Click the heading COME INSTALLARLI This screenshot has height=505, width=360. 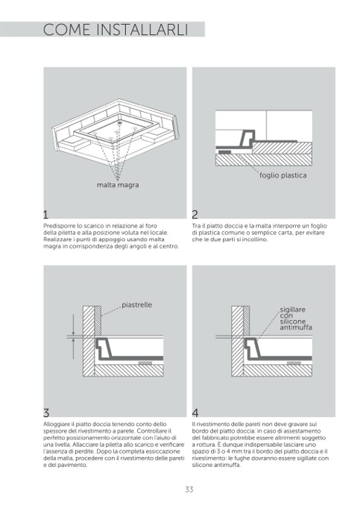(x=116, y=30)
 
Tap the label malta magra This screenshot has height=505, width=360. (x=118, y=185)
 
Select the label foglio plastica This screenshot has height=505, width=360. (x=282, y=175)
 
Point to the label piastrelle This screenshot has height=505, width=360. (x=136, y=305)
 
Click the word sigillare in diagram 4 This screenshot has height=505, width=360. (x=292, y=310)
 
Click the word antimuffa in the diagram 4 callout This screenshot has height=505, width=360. (x=296, y=327)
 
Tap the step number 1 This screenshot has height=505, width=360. (x=45, y=214)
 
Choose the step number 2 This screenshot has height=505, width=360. (x=195, y=214)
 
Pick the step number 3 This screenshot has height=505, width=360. (x=46, y=413)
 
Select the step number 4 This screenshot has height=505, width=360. (x=195, y=413)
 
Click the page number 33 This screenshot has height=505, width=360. (x=189, y=489)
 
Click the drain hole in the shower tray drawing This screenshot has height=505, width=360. (x=120, y=122)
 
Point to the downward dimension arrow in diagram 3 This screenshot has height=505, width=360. (x=73, y=325)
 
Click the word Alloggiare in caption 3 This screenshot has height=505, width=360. (x=57, y=424)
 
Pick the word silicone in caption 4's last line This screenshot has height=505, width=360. (x=202, y=465)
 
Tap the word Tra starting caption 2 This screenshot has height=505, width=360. (x=196, y=226)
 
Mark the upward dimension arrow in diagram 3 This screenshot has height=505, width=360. (x=73, y=348)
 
